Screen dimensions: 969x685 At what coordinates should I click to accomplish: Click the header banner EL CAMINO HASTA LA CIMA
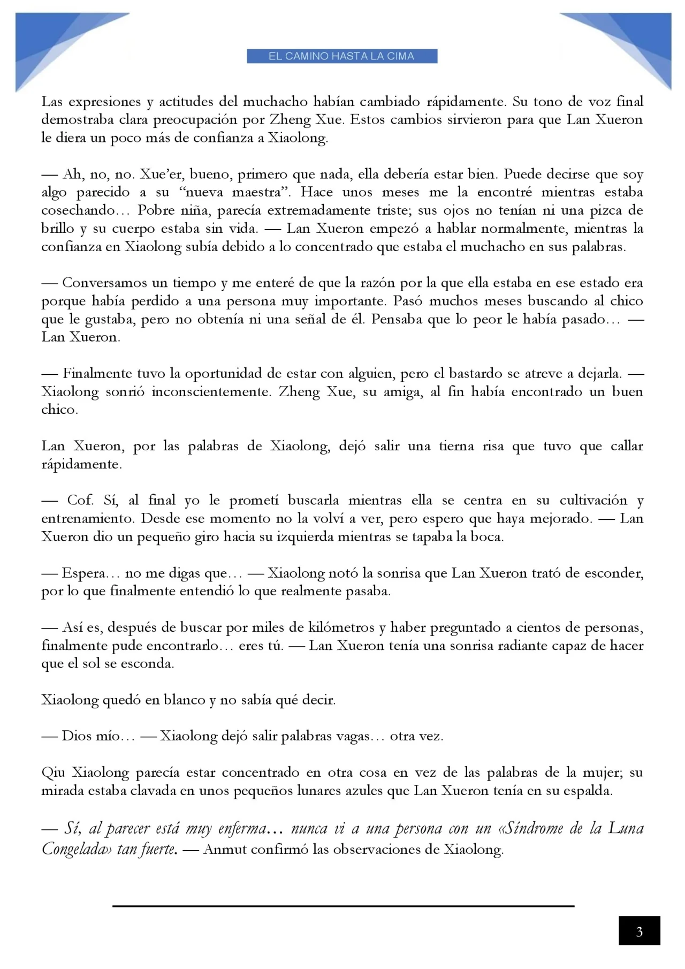[342, 56]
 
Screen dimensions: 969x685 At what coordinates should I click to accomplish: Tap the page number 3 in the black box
[639, 932]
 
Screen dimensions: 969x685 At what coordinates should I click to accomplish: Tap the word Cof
[80, 500]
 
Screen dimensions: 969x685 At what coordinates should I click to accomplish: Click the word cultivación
[593, 500]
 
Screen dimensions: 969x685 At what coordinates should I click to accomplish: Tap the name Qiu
[54, 773]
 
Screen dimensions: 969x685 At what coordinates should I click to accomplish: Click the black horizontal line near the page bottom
[343, 906]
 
